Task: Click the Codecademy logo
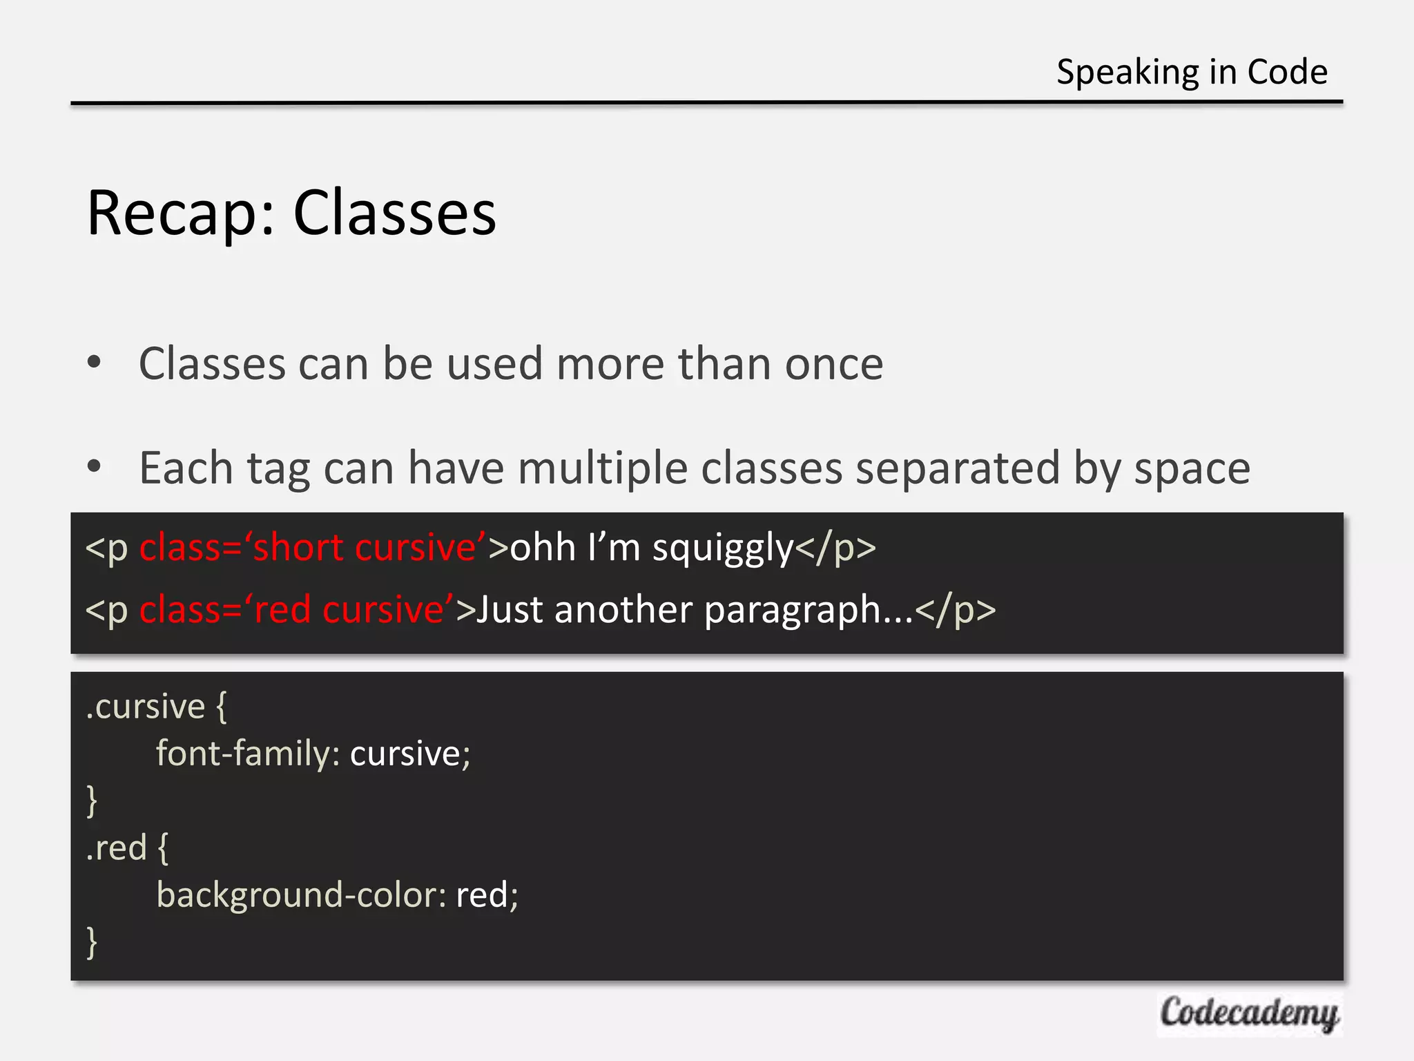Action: click(x=1249, y=1014)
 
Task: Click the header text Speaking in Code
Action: click(x=1192, y=72)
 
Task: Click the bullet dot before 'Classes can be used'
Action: click(x=95, y=362)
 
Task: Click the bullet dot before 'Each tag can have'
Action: click(x=95, y=466)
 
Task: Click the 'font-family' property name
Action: click(x=243, y=754)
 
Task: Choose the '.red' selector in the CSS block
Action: click(x=116, y=848)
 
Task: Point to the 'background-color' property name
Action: click(x=301, y=895)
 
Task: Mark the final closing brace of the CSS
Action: click(x=92, y=942)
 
